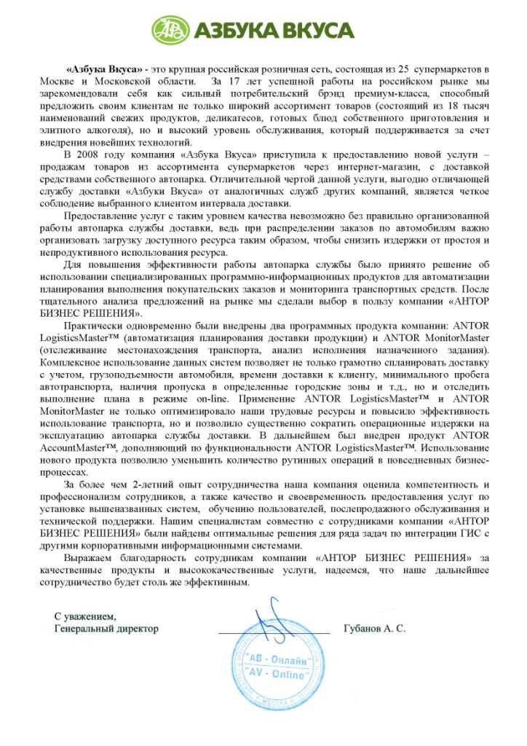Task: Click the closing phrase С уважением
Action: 85,616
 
